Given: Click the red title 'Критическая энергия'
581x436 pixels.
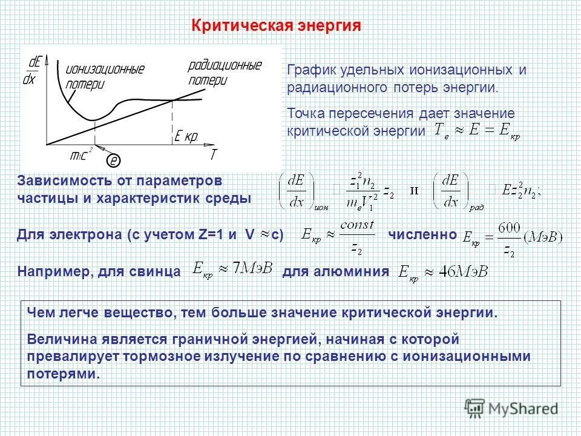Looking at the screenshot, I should pyautogui.click(x=276, y=25).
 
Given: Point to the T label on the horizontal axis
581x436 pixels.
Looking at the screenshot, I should pyautogui.click(x=213, y=154).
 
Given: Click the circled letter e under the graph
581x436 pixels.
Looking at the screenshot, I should pyautogui.click(x=113, y=160).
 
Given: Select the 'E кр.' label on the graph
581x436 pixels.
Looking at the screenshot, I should pyautogui.click(x=186, y=137).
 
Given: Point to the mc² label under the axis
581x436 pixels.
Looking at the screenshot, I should pyautogui.click(x=80, y=154).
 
